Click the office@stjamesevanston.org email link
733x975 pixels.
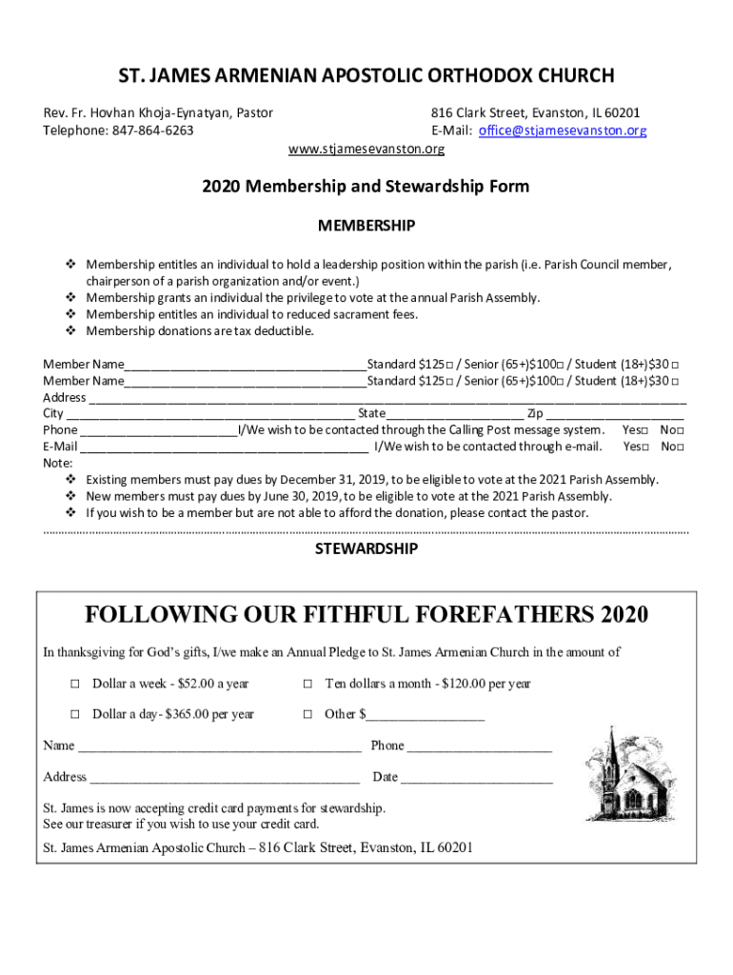point(563,130)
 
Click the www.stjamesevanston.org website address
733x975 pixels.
point(366,149)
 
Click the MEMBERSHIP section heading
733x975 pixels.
point(366,226)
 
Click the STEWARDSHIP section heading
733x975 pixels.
point(366,548)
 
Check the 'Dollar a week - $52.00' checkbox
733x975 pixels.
point(74,684)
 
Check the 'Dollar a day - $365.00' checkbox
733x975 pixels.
point(74,714)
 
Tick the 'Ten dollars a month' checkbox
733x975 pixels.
point(308,684)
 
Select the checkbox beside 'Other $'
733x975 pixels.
point(308,714)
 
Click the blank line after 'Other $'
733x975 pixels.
point(426,716)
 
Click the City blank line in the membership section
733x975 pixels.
point(209,415)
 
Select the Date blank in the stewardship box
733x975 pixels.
point(476,779)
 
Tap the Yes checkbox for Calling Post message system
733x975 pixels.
point(644,430)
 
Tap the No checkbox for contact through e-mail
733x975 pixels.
point(681,447)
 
